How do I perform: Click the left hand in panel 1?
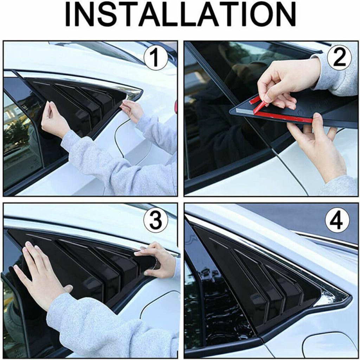(53, 120)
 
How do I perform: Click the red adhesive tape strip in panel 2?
(281, 117)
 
